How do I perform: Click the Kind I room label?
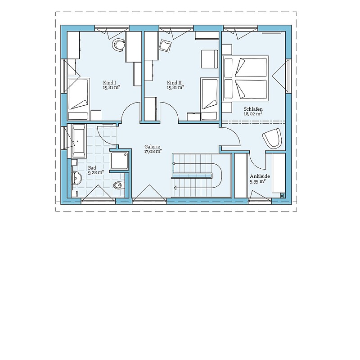[109, 83]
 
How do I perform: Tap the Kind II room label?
[174, 83]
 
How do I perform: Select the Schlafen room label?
[253, 109]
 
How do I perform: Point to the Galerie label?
[152, 147]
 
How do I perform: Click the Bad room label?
[92, 168]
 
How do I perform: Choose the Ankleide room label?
[260, 176]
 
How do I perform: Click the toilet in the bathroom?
[119, 185]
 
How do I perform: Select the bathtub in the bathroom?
[79, 141]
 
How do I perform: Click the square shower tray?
[119, 161]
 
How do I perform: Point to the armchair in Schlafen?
[273, 138]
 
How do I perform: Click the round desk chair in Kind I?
[118, 44]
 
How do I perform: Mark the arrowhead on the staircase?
[175, 188]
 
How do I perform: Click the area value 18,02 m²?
[253, 114]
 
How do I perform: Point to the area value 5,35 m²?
[258, 181]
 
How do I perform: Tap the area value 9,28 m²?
[96, 172]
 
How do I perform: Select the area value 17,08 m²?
[153, 151]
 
